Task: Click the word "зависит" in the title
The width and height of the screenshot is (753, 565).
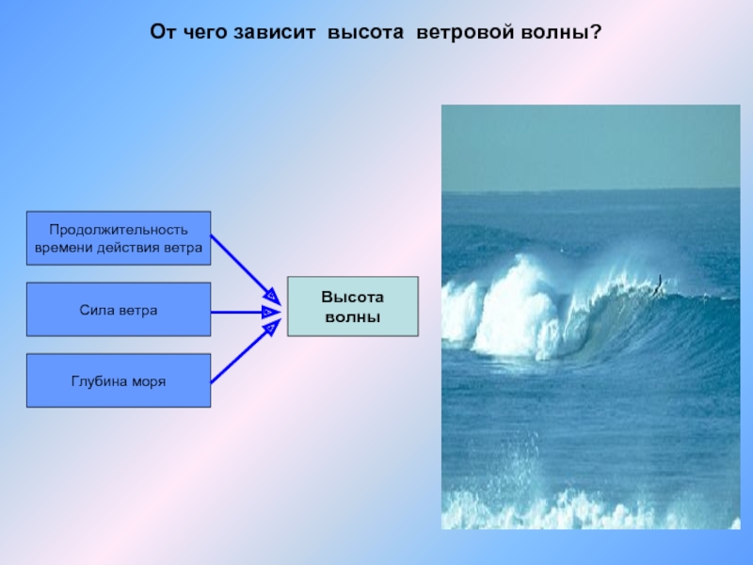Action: pyautogui.click(x=274, y=32)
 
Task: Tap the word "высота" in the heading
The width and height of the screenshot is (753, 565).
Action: pyautogui.click(x=365, y=32)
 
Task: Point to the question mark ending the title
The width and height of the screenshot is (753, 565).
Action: pyautogui.click(x=596, y=32)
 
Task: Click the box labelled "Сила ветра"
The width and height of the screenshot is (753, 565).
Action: pyautogui.click(x=119, y=310)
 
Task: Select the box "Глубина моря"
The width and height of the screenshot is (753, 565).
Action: pyautogui.click(x=119, y=380)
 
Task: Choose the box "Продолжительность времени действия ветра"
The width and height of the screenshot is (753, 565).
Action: pyautogui.click(x=119, y=238)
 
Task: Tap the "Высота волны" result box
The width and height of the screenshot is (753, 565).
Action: pyautogui.click(x=352, y=307)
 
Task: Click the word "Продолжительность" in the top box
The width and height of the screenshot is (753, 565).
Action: pyautogui.click(x=119, y=230)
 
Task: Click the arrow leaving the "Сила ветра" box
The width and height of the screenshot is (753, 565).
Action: pyautogui.click(x=246, y=313)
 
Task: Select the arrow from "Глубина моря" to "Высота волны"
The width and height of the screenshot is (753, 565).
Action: pyautogui.click(x=246, y=351)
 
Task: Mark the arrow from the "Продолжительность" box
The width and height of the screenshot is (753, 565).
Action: pyautogui.click(x=246, y=270)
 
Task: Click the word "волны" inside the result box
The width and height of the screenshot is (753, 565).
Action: pyautogui.click(x=352, y=317)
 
